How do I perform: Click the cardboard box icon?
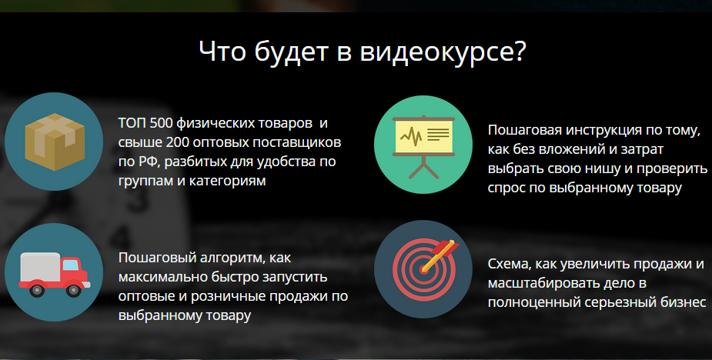click(55, 142)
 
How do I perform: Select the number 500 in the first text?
click(161, 123)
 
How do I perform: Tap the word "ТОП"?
click(132, 123)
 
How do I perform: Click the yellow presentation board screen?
click(423, 135)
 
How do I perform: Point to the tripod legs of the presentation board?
click(423, 168)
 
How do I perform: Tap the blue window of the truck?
click(70, 265)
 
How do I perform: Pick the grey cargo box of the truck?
click(41, 268)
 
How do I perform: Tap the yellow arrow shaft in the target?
click(437, 257)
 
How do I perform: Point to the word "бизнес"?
click(684, 302)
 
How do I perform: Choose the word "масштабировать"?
click(537, 283)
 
